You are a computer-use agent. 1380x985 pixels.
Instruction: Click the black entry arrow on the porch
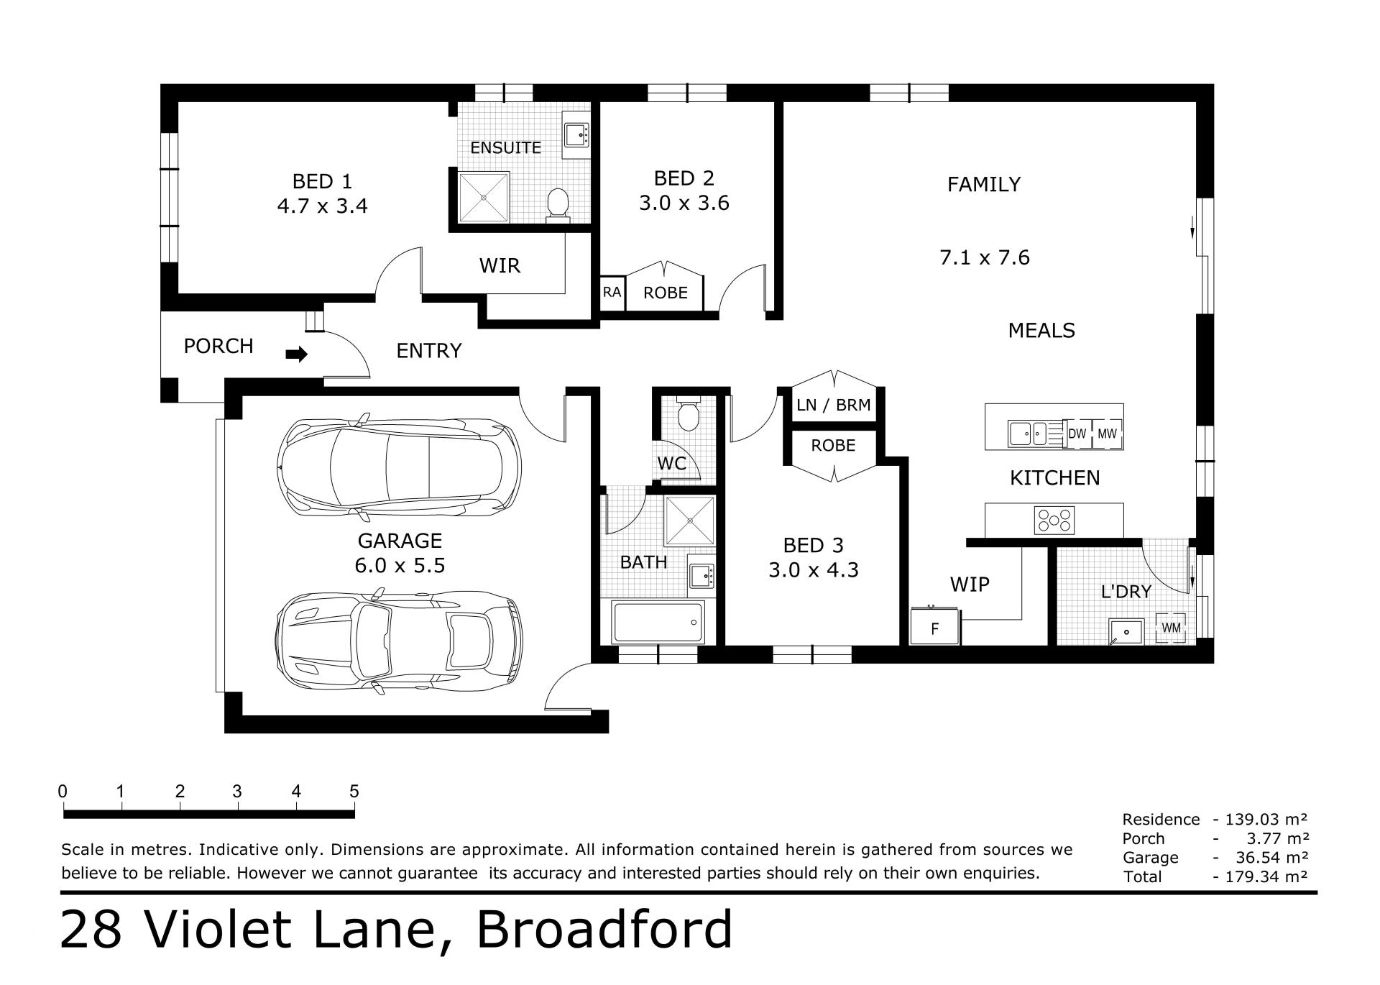(297, 354)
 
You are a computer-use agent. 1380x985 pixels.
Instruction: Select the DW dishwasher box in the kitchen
(1077, 434)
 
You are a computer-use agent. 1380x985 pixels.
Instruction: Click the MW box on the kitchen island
(1107, 434)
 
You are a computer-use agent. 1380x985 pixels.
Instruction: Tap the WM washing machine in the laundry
(1171, 628)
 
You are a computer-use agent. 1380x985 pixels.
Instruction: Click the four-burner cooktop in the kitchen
(1054, 521)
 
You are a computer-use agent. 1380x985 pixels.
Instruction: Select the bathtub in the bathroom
(658, 622)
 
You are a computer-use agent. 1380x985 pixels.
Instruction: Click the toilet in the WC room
(689, 413)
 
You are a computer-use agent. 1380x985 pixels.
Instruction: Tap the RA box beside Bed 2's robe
(612, 293)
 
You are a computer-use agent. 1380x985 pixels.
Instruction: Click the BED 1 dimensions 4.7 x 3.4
(322, 206)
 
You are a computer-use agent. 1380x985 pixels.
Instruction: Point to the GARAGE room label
(400, 540)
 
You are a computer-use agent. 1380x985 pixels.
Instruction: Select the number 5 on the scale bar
(354, 792)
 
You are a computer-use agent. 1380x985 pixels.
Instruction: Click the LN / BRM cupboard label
(834, 405)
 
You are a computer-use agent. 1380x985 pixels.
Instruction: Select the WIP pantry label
(970, 585)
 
